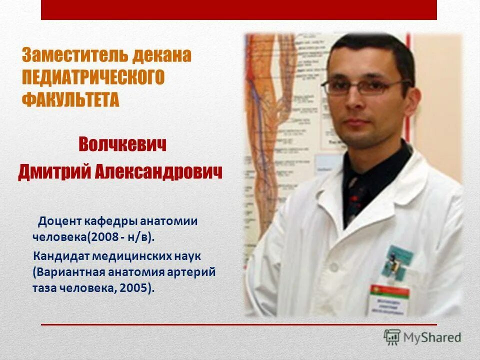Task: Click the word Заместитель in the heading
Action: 74,55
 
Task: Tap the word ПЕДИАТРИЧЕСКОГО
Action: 93,77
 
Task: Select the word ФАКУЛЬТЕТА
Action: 70,99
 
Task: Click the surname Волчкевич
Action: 122,145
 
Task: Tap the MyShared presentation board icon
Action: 392,337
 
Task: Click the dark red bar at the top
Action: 239,9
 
